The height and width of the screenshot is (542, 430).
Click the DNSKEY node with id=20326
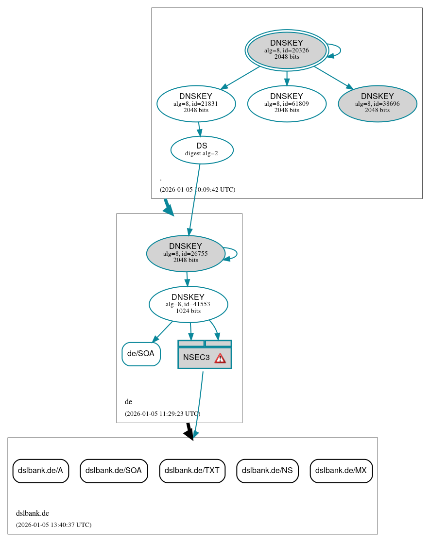click(287, 50)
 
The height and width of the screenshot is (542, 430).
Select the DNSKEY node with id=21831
click(196, 103)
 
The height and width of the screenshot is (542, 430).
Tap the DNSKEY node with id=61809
click(287, 103)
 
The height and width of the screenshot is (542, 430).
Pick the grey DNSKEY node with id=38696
click(377, 103)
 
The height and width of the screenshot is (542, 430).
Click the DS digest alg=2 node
click(202, 150)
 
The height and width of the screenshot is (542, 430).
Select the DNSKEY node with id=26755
click(186, 253)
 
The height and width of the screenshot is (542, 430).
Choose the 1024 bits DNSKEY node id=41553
click(188, 304)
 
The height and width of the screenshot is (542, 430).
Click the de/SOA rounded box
click(141, 354)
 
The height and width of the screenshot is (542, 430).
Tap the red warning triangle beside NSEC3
click(220, 358)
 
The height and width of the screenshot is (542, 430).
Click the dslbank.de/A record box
click(40, 470)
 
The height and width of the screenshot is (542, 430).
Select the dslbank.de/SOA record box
click(114, 470)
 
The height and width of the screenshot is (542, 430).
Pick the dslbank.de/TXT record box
click(192, 470)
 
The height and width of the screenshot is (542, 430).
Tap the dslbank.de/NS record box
click(267, 470)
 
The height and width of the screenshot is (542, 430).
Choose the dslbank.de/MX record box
click(341, 470)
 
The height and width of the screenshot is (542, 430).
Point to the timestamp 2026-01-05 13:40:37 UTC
click(53, 525)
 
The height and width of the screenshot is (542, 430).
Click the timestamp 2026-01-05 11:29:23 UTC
click(162, 414)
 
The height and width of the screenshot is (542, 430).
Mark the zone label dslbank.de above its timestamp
click(33, 513)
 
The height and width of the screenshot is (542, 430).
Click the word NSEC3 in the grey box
click(196, 358)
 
